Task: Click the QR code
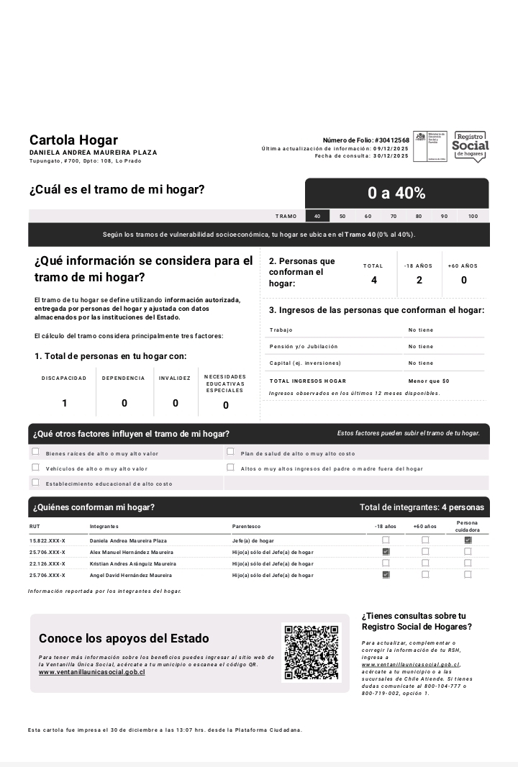tap(311, 653)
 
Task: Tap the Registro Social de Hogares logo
tap(471, 146)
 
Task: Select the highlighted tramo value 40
tap(317, 216)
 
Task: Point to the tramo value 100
tap(473, 216)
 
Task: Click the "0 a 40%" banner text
tap(396, 193)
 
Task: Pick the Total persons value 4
tap(373, 280)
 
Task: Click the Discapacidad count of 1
tap(64, 404)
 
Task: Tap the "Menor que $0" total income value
tap(429, 381)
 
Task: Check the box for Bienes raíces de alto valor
tap(35, 453)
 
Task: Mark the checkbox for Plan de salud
tap(230, 453)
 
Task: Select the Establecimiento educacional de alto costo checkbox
tap(35, 483)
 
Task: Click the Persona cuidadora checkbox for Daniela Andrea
tap(468, 540)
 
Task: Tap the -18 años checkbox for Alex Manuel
tap(386, 552)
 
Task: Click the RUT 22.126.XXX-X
tap(47, 563)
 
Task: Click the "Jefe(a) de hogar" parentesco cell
tap(253, 540)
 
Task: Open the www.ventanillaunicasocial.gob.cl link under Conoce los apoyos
tap(92, 672)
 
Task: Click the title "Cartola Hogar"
tap(73, 140)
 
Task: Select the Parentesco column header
tap(246, 527)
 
